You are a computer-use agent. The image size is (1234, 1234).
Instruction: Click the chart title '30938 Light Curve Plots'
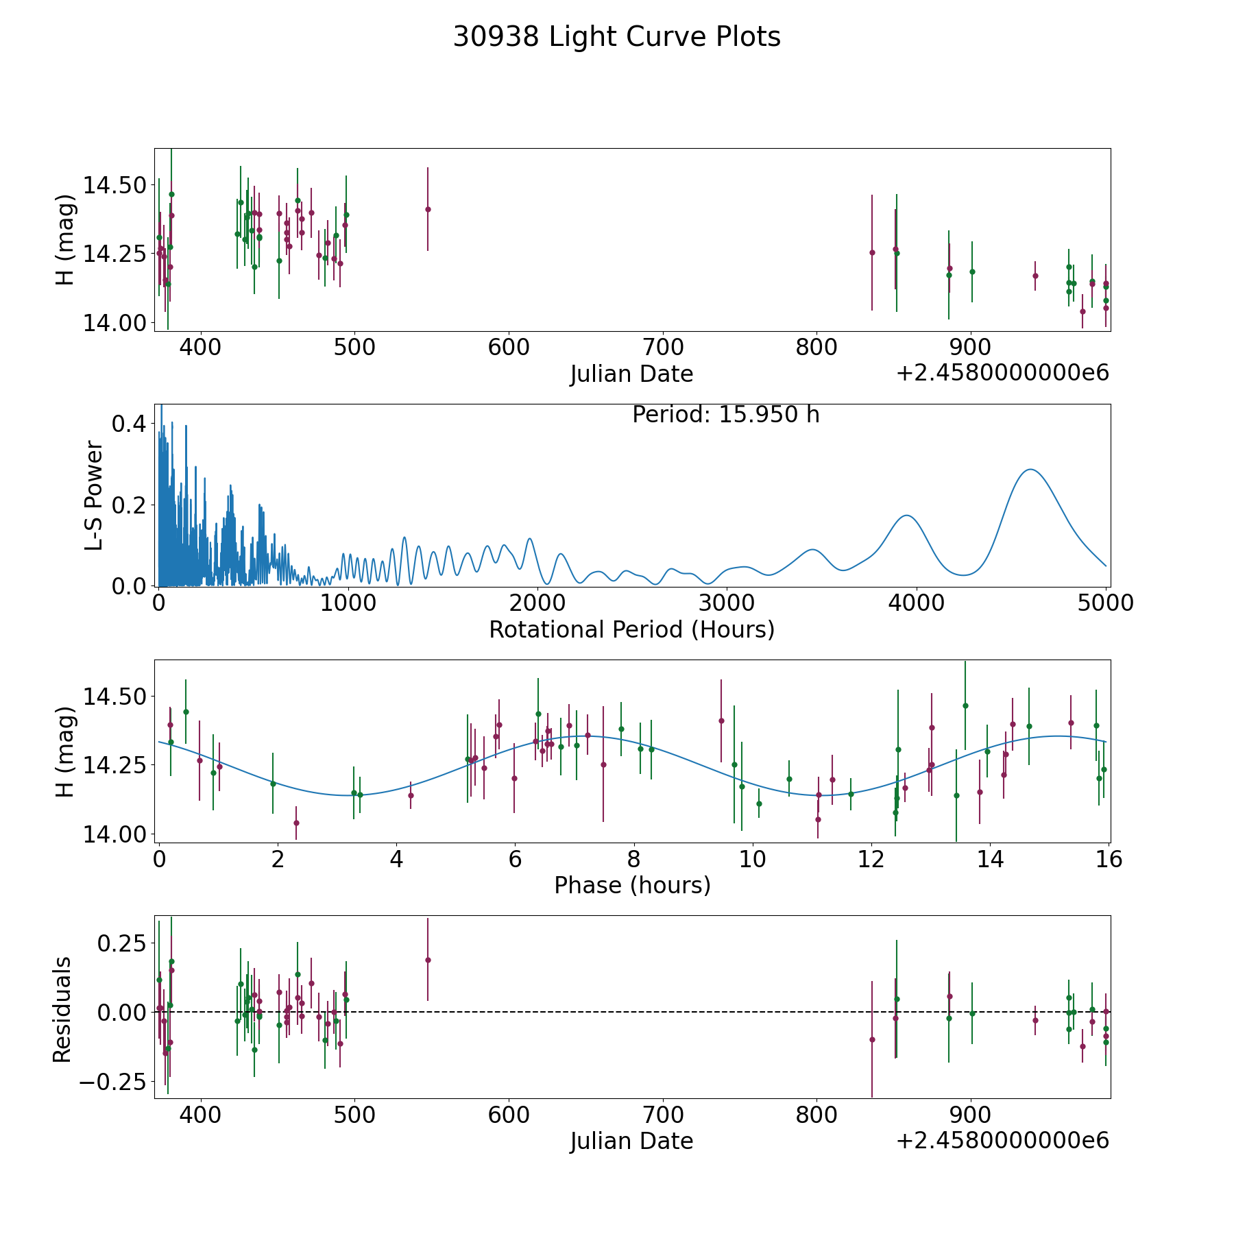(616, 37)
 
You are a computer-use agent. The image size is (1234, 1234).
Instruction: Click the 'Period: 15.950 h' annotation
(726, 415)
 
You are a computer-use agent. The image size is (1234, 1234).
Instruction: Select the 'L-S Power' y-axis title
(94, 496)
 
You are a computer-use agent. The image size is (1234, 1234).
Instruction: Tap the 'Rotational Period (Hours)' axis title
(631, 629)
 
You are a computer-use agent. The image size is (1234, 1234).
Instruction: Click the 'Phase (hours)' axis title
(632, 885)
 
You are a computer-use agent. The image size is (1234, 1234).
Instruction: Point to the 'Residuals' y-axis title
(62, 1009)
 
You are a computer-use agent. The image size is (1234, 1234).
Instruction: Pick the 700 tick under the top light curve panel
(663, 347)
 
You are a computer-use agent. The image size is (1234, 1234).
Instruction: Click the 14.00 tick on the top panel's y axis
(114, 323)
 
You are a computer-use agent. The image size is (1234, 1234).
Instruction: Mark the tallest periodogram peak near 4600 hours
(1030, 470)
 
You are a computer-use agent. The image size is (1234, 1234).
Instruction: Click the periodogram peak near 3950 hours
(907, 516)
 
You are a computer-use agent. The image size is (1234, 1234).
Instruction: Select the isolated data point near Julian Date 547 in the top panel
(428, 209)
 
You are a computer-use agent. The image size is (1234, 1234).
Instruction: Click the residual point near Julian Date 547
(428, 960)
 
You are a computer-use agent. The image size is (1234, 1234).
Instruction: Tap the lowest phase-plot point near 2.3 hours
(296, 823)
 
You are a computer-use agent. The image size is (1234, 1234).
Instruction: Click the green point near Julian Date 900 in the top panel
(972, 271)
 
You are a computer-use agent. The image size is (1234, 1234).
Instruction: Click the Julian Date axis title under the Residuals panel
(631, 1141)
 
